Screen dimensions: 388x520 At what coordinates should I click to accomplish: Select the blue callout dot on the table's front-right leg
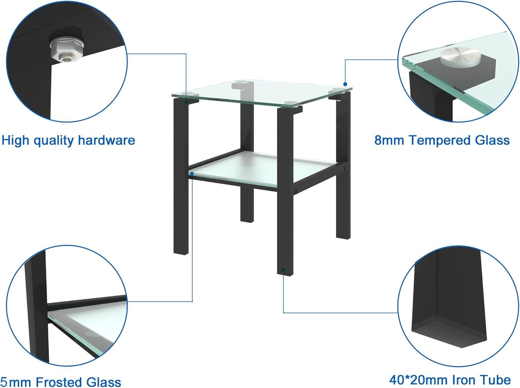(x=284, y=269)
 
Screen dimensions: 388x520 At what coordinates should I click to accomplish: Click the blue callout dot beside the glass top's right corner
(x=345, y=84)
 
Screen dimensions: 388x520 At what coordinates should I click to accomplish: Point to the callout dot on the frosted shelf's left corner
(x=192, y=173)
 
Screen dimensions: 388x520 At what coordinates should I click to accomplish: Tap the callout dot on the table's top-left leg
(x=187, y=102)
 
